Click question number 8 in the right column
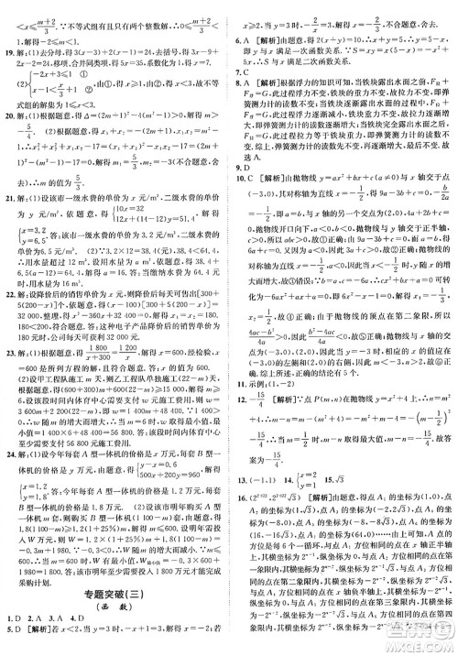(x=240, y=85)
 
